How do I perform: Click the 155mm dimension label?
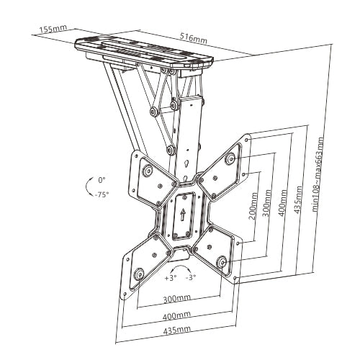tap(53, 29)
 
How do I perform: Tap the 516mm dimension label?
tap(193, 39)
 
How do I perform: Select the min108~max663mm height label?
tap(318, 175)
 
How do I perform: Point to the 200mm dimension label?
tap(253, 206)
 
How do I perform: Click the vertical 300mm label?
tap(267, 203)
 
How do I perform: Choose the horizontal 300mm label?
tap(177, 298)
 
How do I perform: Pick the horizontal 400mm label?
tap(177, 316)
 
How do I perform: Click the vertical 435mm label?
tap(298, 199)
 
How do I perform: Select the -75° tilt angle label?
tap(102, 194)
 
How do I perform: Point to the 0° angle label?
tap(102, 180)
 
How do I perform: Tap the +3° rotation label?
tap(171, 278)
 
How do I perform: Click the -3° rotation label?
tap(191, 278)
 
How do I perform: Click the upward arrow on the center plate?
tap(183, 215)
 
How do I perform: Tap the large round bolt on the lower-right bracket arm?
tap(222, 262)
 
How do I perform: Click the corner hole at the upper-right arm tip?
tap(247, 140)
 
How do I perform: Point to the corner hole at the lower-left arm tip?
tap(125, 294)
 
